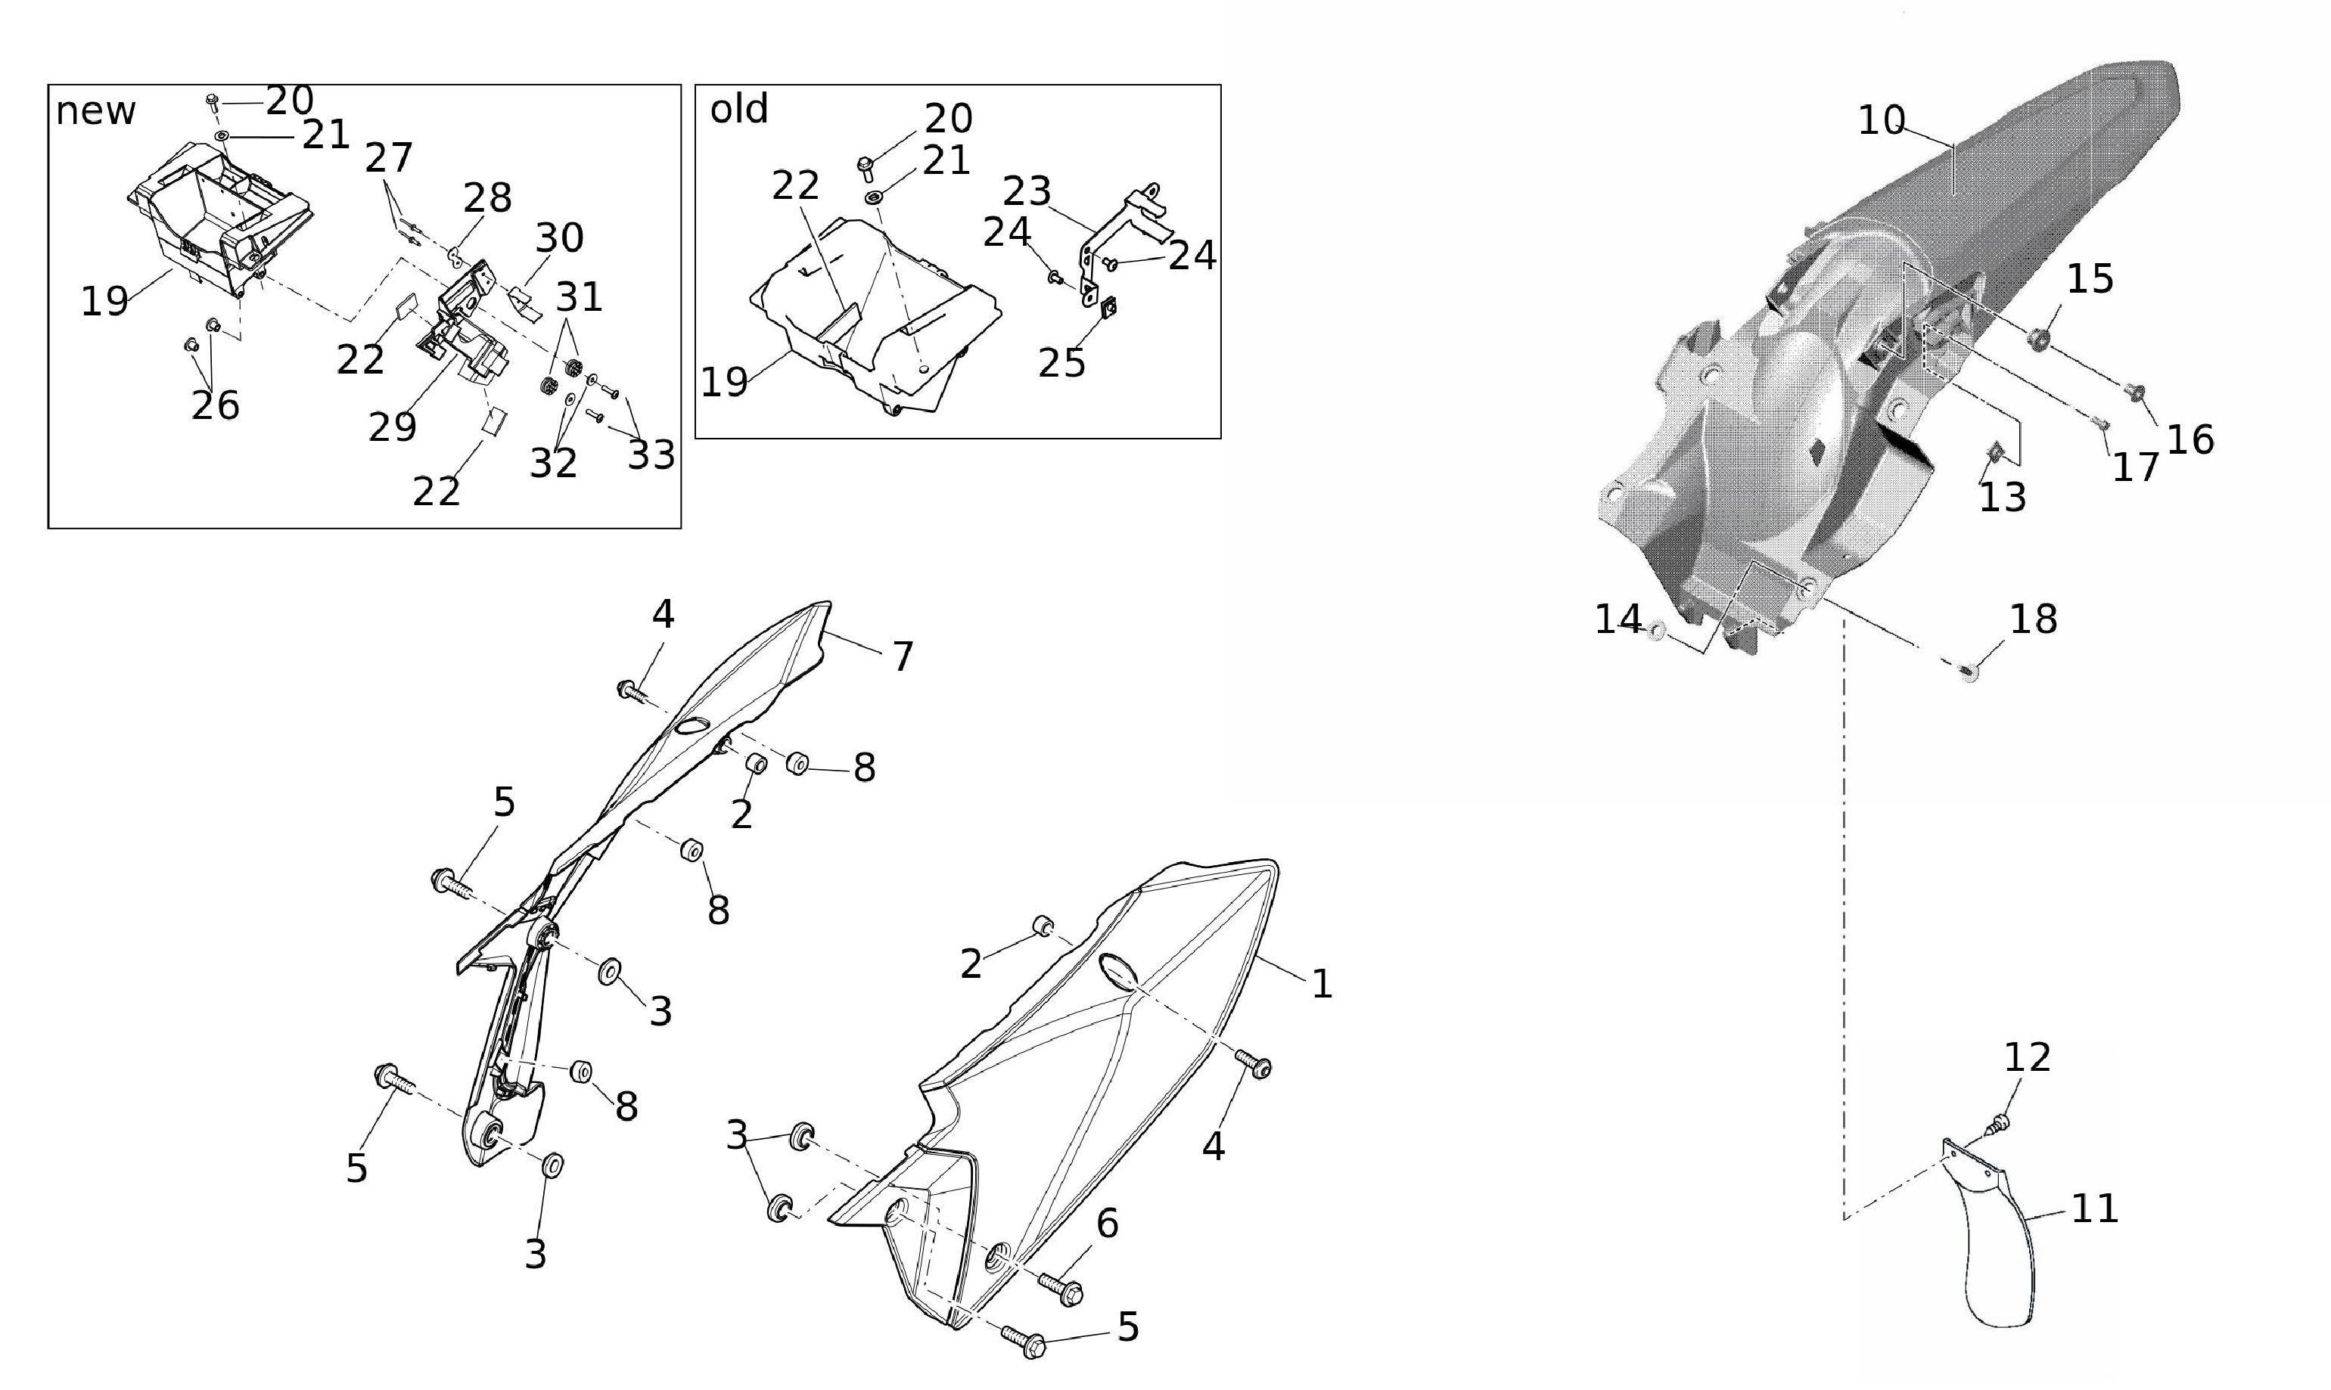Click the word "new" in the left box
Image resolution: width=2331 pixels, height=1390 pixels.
(x=95, y=111)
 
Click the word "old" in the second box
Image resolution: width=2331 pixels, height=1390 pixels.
(x=739, y=110)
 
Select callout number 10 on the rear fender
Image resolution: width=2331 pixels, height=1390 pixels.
(x=1882, y=121)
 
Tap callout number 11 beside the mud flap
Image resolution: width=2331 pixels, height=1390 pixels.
(x=2095, y=1208)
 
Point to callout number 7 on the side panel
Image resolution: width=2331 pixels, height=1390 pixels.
(x=903, y=656)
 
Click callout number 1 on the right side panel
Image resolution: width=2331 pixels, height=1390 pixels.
(x=1321, y=983)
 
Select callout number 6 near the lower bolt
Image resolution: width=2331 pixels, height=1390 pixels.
(x=1108, y=1224)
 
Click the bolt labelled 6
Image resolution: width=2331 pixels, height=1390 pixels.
(x=1061, y=1289)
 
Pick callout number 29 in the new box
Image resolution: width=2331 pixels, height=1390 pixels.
(x=392, y=427)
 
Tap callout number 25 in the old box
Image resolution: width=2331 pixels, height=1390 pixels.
(x=1061, y=364)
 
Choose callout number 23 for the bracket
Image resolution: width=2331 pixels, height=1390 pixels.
(x=1027, y=191)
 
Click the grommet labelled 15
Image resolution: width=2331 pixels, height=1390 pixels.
(x=2036, y=338)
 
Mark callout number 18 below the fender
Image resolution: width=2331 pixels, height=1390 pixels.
(x=2033, y=619)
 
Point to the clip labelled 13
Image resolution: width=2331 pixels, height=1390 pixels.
(x=1993, y=453)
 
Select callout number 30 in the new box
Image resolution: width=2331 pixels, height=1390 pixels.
(x=559, y=238)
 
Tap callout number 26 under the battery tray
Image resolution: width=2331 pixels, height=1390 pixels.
(x=216, y=405)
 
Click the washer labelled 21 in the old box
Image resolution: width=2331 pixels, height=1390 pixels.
(x=874, y=199)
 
